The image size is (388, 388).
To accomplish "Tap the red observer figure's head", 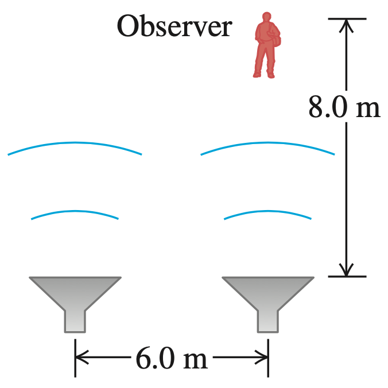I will (x=265, y=18).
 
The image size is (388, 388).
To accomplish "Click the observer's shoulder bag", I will (x=276, y=40).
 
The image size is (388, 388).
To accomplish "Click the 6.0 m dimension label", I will (x=172, y=359).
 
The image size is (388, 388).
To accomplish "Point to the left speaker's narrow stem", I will (x=75, y=321).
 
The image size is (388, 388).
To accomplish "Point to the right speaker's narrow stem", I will (x=268, y=321).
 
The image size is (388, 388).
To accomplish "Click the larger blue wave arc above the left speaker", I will (x=75, y=142).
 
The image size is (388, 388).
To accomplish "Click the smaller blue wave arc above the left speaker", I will (x=75, y=211).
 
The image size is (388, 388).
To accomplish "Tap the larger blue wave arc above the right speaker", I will (x=267, y=142).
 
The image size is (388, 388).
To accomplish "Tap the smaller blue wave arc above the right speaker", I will (x=267, y=211).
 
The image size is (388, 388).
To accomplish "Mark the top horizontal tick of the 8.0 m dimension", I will (x=347, y=19).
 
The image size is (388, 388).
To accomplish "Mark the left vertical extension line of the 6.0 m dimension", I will (x=75, y=367).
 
